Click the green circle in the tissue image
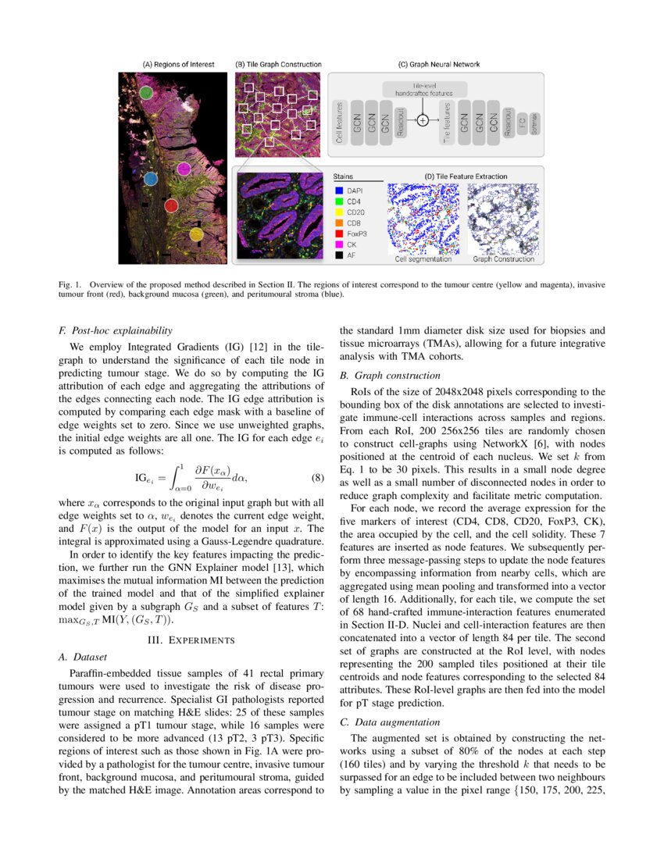click(146, 93)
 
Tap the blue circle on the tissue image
click(152, 178)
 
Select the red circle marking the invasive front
click(172, 205)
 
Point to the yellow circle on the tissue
click(196, 233)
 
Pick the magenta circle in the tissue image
click(184, 168)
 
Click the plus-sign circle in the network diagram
click(423, 120)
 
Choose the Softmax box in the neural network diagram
click(534, 120)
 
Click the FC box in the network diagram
click(522, 120)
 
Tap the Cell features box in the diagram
click(339, 120)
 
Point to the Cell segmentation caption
click(424, 259)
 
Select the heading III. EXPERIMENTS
click(191, 640)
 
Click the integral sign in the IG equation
click(178, 476)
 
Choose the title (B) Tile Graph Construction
click(277, 64)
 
